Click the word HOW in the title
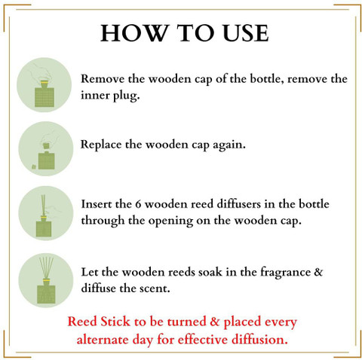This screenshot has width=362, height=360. click(x=134, y=33)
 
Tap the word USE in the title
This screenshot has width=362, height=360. click(x=246, y=33)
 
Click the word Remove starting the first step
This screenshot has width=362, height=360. click(x=103, y=79)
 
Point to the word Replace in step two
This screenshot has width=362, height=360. click(x=101, y=145)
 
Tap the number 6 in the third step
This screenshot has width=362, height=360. click(x=138, y=204)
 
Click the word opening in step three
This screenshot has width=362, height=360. click(x=170, y=221)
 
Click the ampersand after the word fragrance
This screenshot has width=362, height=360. click(x=318, y=272)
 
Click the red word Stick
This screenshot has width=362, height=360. click(x=115, y=321)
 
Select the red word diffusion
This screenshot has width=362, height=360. click(x=259, y=339)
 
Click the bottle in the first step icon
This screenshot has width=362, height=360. click(x=44, y=95)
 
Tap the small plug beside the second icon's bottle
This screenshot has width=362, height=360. click(x=34, y=166)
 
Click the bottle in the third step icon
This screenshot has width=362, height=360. click(x=44, y=227)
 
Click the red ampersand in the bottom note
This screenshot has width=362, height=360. click(x=214, y=322)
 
